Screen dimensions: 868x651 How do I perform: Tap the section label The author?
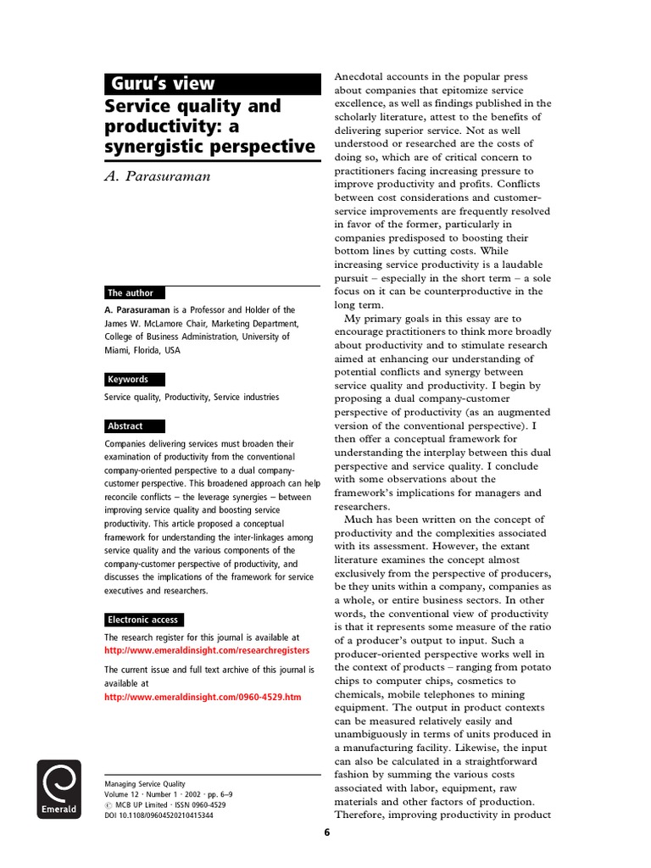(131, 292)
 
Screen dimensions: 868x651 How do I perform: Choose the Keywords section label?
(128, 380)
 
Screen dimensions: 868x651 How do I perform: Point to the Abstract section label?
(125, 426)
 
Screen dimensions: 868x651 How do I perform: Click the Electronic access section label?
(143, 620)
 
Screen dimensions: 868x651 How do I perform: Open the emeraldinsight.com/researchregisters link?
(206, 650)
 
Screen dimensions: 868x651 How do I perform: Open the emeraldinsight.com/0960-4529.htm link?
(202, 697)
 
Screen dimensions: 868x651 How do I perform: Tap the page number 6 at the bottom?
(326, 832)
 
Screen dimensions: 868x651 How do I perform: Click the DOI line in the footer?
(159, 815)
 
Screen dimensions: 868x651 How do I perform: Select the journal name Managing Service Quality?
(144, 784)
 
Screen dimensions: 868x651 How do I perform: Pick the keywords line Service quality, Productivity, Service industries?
(192, 397)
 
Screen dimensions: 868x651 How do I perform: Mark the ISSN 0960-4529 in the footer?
(203, 804)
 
